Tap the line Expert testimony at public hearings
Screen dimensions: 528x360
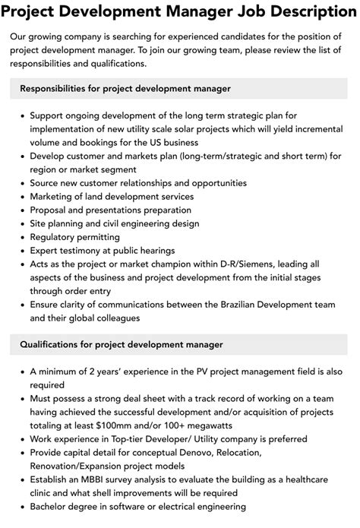[102, 250]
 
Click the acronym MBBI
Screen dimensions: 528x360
[99, 479]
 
